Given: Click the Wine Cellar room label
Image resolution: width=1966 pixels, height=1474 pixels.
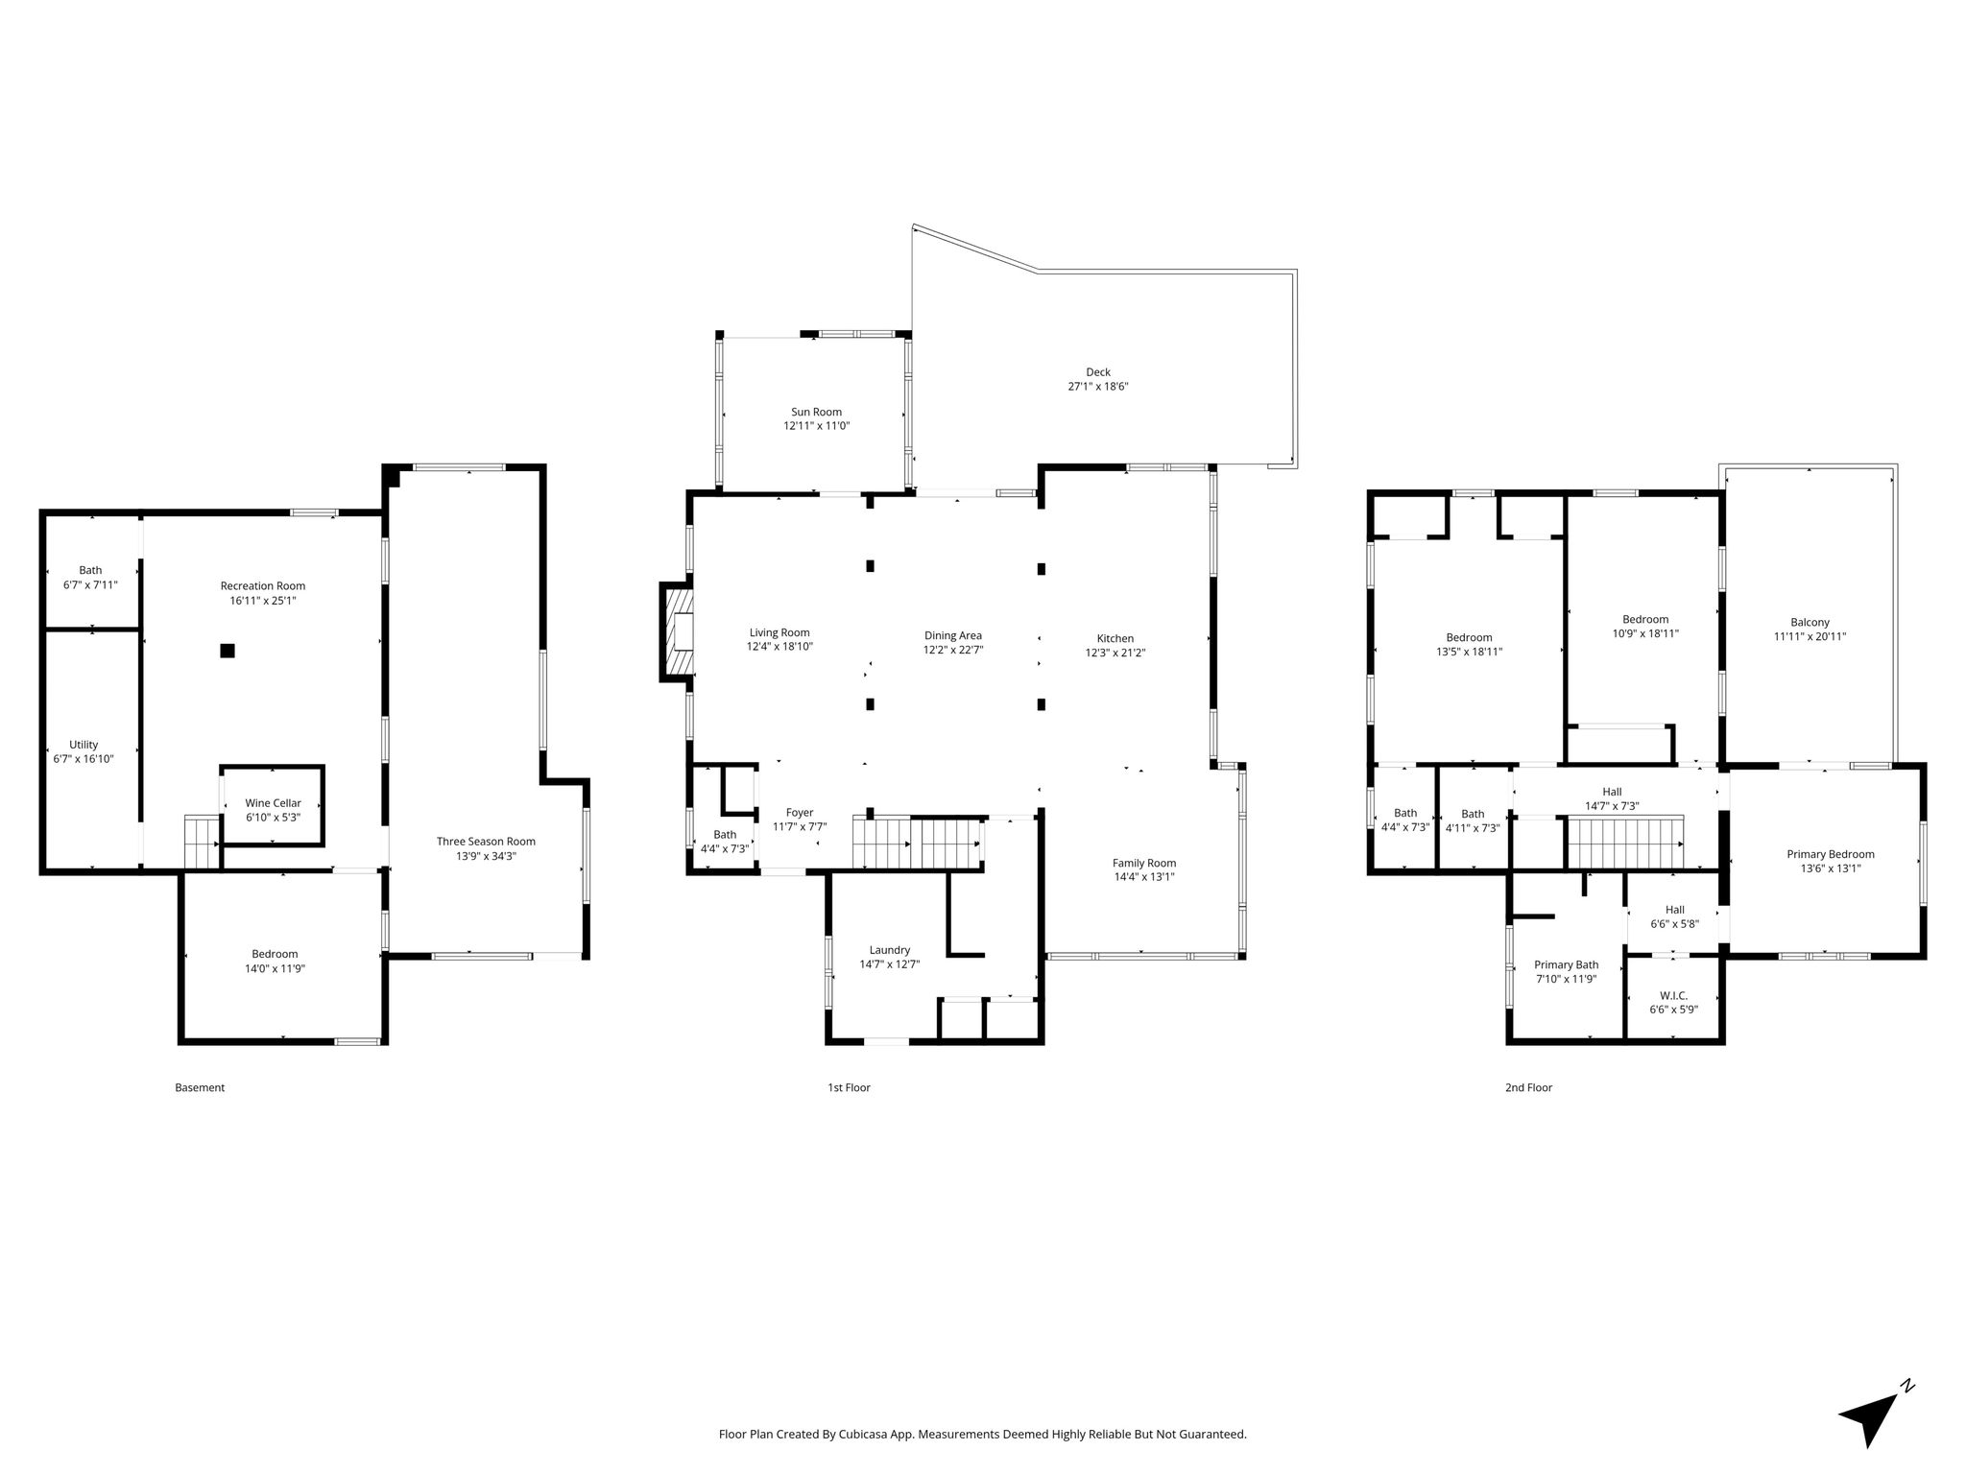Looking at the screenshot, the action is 273,803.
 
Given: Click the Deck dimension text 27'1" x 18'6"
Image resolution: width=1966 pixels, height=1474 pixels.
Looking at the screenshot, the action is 1098,387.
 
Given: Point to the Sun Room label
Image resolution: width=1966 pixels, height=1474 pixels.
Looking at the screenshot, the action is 816,412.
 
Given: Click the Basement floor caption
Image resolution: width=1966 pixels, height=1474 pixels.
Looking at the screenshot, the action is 200,1087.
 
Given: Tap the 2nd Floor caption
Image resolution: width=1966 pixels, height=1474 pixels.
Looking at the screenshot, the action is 1528,1087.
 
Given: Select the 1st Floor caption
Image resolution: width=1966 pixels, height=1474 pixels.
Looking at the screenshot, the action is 849,1087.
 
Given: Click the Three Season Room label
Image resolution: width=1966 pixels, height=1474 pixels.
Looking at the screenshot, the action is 486,842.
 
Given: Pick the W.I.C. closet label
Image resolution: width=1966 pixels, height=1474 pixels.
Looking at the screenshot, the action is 1673,996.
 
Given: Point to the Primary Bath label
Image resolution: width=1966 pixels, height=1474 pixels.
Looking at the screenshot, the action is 1567,965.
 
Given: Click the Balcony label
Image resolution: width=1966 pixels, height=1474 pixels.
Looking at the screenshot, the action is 1810,622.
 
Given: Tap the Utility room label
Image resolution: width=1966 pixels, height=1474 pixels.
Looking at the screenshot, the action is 84,745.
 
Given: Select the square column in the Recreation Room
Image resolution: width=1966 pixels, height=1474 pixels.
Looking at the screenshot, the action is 228,651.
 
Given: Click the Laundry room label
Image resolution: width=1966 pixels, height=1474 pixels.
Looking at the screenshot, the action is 889,950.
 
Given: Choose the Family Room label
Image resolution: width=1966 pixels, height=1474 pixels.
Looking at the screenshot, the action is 1144,863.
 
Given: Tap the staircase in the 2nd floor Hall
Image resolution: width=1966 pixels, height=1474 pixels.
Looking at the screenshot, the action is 1625,843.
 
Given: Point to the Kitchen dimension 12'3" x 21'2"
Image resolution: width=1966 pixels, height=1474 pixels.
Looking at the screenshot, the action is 1115,653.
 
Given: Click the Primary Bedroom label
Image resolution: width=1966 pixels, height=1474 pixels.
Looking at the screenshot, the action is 1830,854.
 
